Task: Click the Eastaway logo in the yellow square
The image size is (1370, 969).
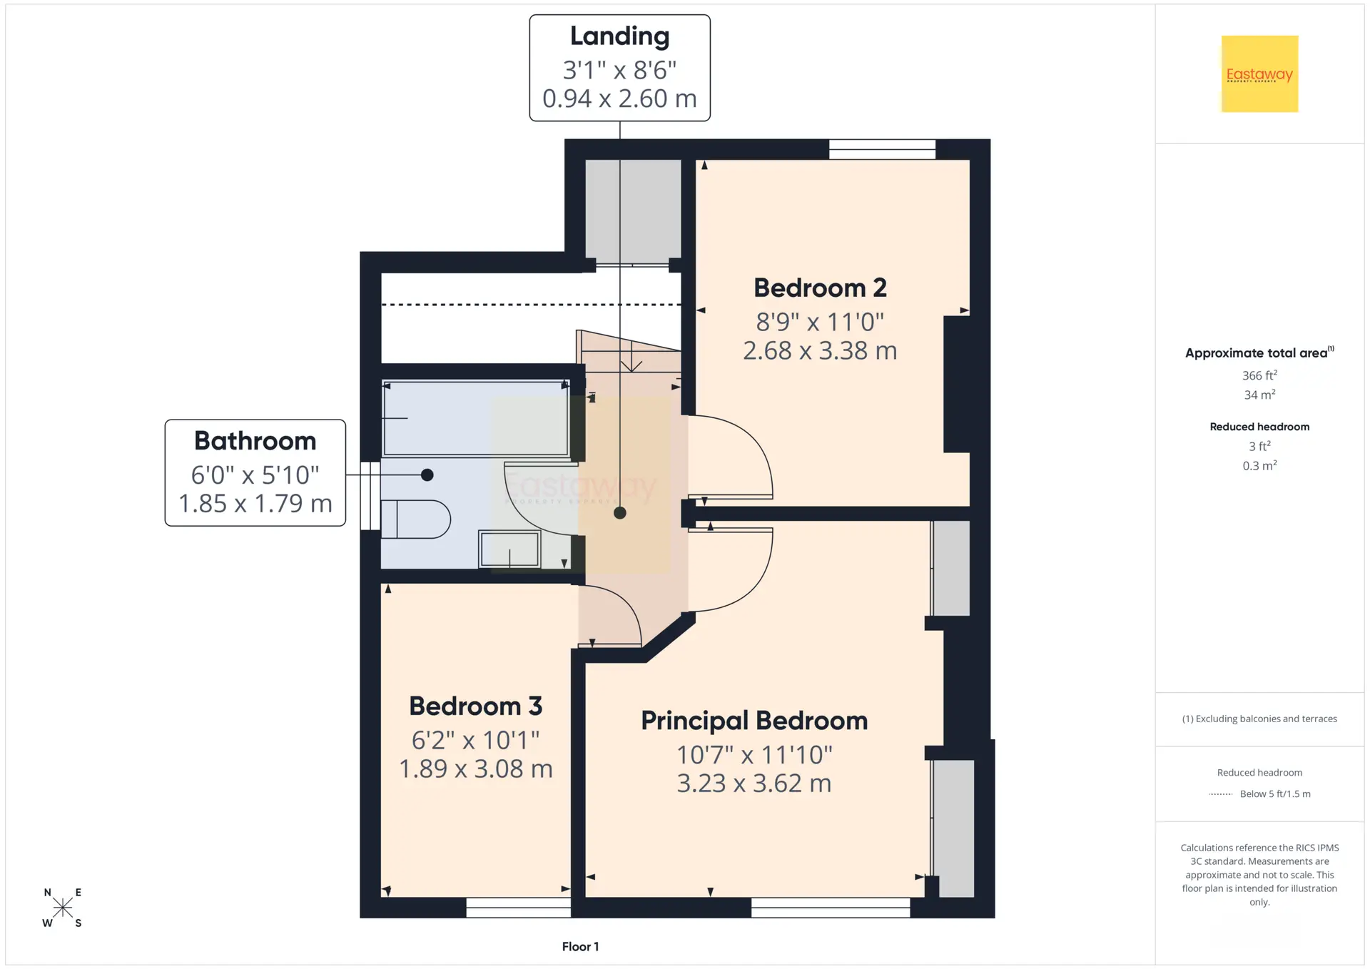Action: pyautogui.click(x=1259, y=74)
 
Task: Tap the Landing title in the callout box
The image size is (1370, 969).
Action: pyautogui.click(x=619, y=36)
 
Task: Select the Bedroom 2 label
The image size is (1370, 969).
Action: pyautogui.click(x=820, y=288)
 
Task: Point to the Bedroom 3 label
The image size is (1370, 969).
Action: pyautogui.click(x=475, y=706)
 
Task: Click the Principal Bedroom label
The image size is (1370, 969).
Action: pyautogui.click(x=754, y=721)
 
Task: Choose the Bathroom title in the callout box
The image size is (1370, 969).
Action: pyautogui.click(x=255, y=441)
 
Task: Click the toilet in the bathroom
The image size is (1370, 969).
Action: pyautogui.click(x=415, y=519)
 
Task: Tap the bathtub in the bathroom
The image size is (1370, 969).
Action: pyautogui.click(x=476, y=419)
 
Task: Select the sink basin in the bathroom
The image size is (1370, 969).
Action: pyautogui.click(x=509, y=549)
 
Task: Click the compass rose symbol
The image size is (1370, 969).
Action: pyautogui.click(x=63, y=908)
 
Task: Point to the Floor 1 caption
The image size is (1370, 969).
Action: pyautogui.click(x=580, y=947)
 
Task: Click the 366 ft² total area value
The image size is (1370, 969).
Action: pyautogui.click(x=1259, y=375)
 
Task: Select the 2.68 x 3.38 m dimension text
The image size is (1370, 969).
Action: pyautogui.click(x=820, y=351)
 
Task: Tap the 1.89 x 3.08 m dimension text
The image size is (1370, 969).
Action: pyautogui.click(x=475, y=769)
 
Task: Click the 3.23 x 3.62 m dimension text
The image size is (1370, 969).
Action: pyautogui.click(x=754, y=783)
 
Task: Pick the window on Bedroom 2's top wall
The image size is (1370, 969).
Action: pyautogui.click(x=882, y=149)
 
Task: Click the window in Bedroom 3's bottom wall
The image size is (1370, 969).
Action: pyautogui.click(x=518, y=908)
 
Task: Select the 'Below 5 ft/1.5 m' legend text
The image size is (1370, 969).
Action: pyautogui.click(x=1275, y=794)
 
